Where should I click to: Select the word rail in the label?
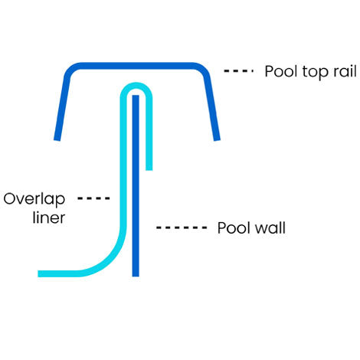coord(345,71)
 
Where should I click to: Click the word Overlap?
coord(34,199)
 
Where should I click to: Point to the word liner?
coord(49,218)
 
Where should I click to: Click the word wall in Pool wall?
coord(270,227)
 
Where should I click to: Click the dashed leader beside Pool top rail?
coord(238,71)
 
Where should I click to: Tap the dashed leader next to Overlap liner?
coord(93,198)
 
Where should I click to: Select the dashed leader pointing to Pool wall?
coord(182,227)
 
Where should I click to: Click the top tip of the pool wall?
coord(136,96)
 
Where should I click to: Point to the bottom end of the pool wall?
coord(136,276)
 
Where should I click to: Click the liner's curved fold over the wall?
coord(136,86)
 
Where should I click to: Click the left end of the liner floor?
coord(38,273)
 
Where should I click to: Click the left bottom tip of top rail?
coord(57,140)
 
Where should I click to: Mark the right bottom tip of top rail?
coord(217,140)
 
